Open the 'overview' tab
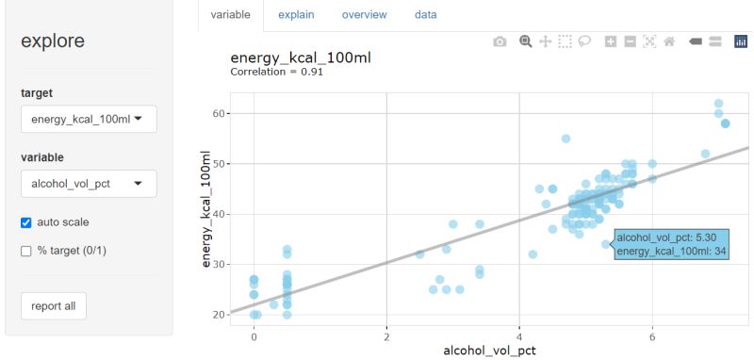[365, 15]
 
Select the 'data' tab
[426, 15]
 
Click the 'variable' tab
[231, 15]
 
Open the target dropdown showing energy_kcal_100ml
[89, 120]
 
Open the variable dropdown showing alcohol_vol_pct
[89, 184]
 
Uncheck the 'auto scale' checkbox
[26, 222]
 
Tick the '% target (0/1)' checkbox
[26, 251]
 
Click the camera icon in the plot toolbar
[500, 41]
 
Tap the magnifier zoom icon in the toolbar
[526, 41]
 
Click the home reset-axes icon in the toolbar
[669, 41]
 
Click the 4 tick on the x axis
[519, 336]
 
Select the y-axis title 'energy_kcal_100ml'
[206, 214]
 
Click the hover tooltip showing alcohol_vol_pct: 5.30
[670, 243]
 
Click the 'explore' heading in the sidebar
[53, 41]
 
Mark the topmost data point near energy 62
[718, 104]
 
